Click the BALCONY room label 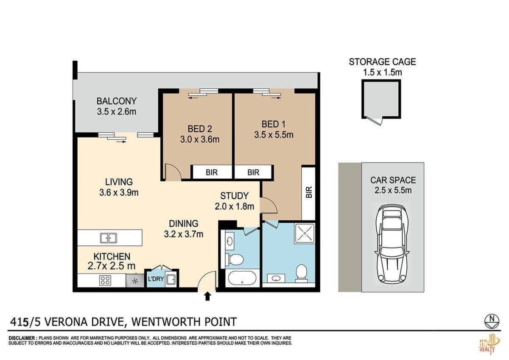116,101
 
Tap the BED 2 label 200,129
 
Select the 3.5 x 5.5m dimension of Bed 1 274,135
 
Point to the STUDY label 234,196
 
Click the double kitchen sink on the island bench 109,238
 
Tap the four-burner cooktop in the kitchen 105,280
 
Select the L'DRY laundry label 156,279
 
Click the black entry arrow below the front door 207,297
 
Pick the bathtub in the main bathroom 242,278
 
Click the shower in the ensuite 305,233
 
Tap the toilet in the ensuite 301,273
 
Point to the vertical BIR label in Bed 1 309,192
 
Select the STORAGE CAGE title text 383,62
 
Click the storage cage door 375,121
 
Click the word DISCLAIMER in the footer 22,338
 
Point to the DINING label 184,224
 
